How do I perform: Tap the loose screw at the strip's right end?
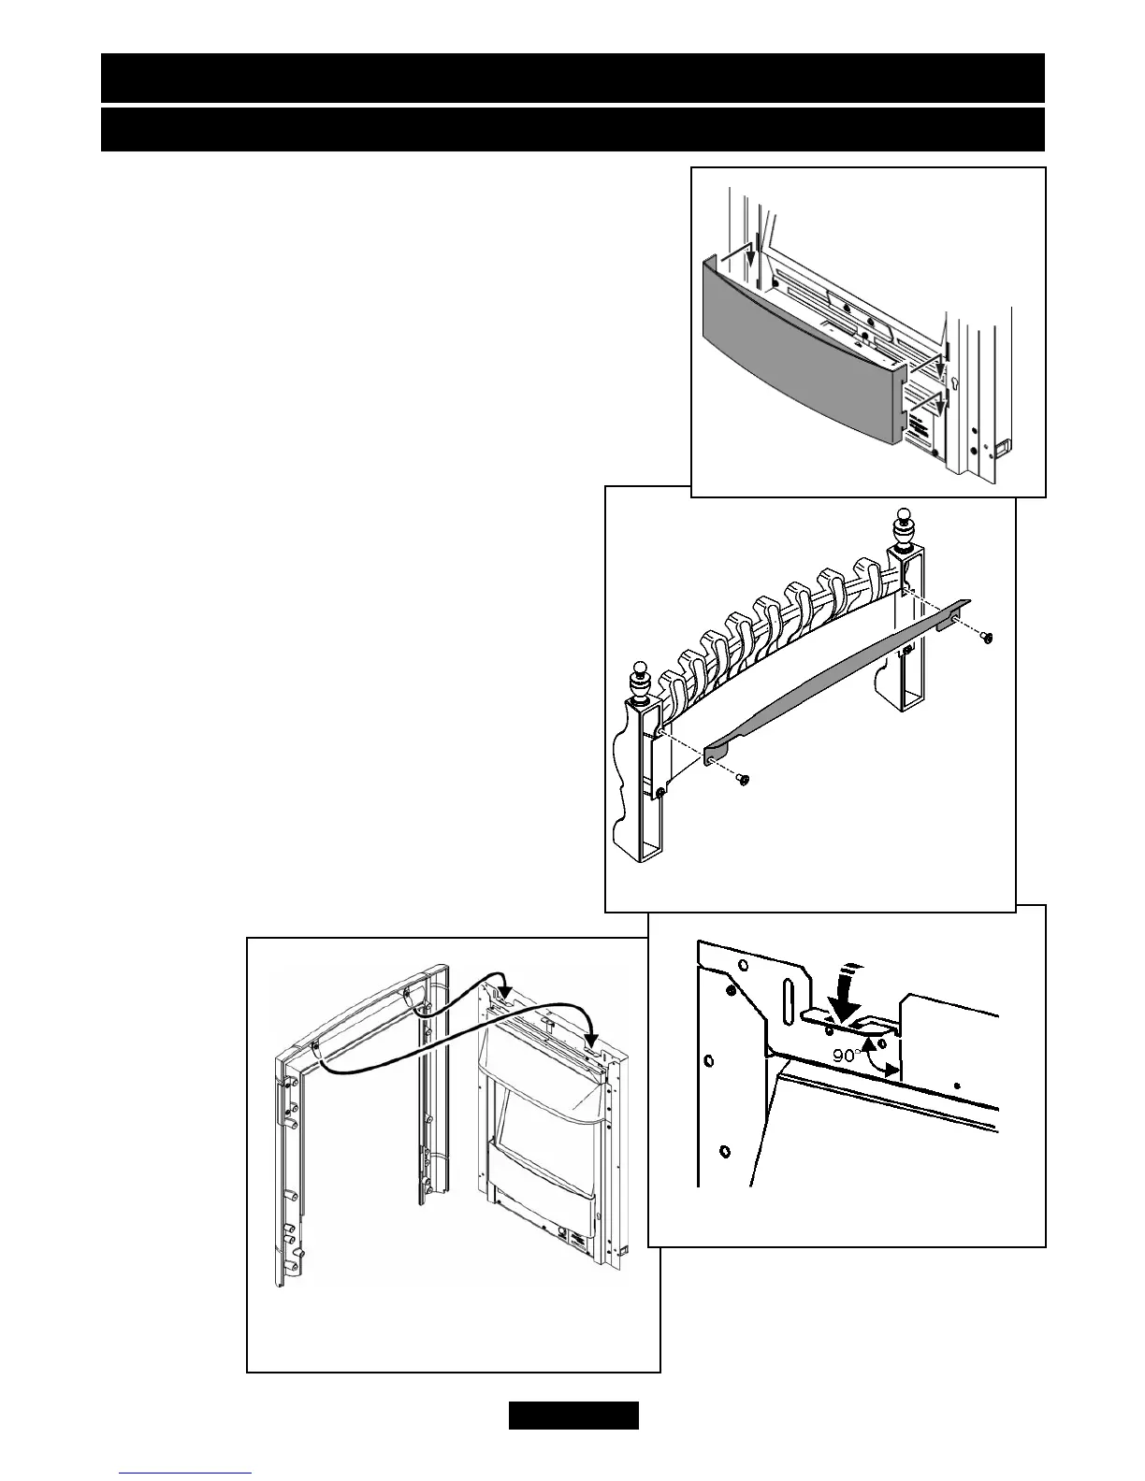(x=987, y=637)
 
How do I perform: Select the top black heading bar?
(x=572, y=78)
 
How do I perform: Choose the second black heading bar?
(x=572, y=129)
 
